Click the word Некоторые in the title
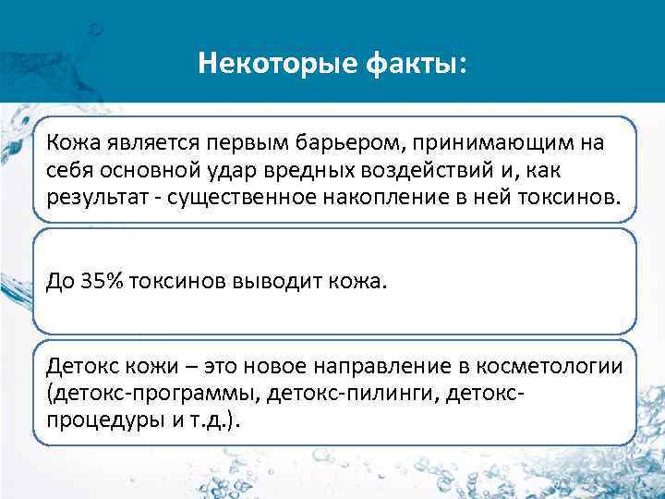point(260,65)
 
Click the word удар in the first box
point(254,171)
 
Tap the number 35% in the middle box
point(94,281)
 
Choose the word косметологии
point(545,366)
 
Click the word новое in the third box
point(270,366)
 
